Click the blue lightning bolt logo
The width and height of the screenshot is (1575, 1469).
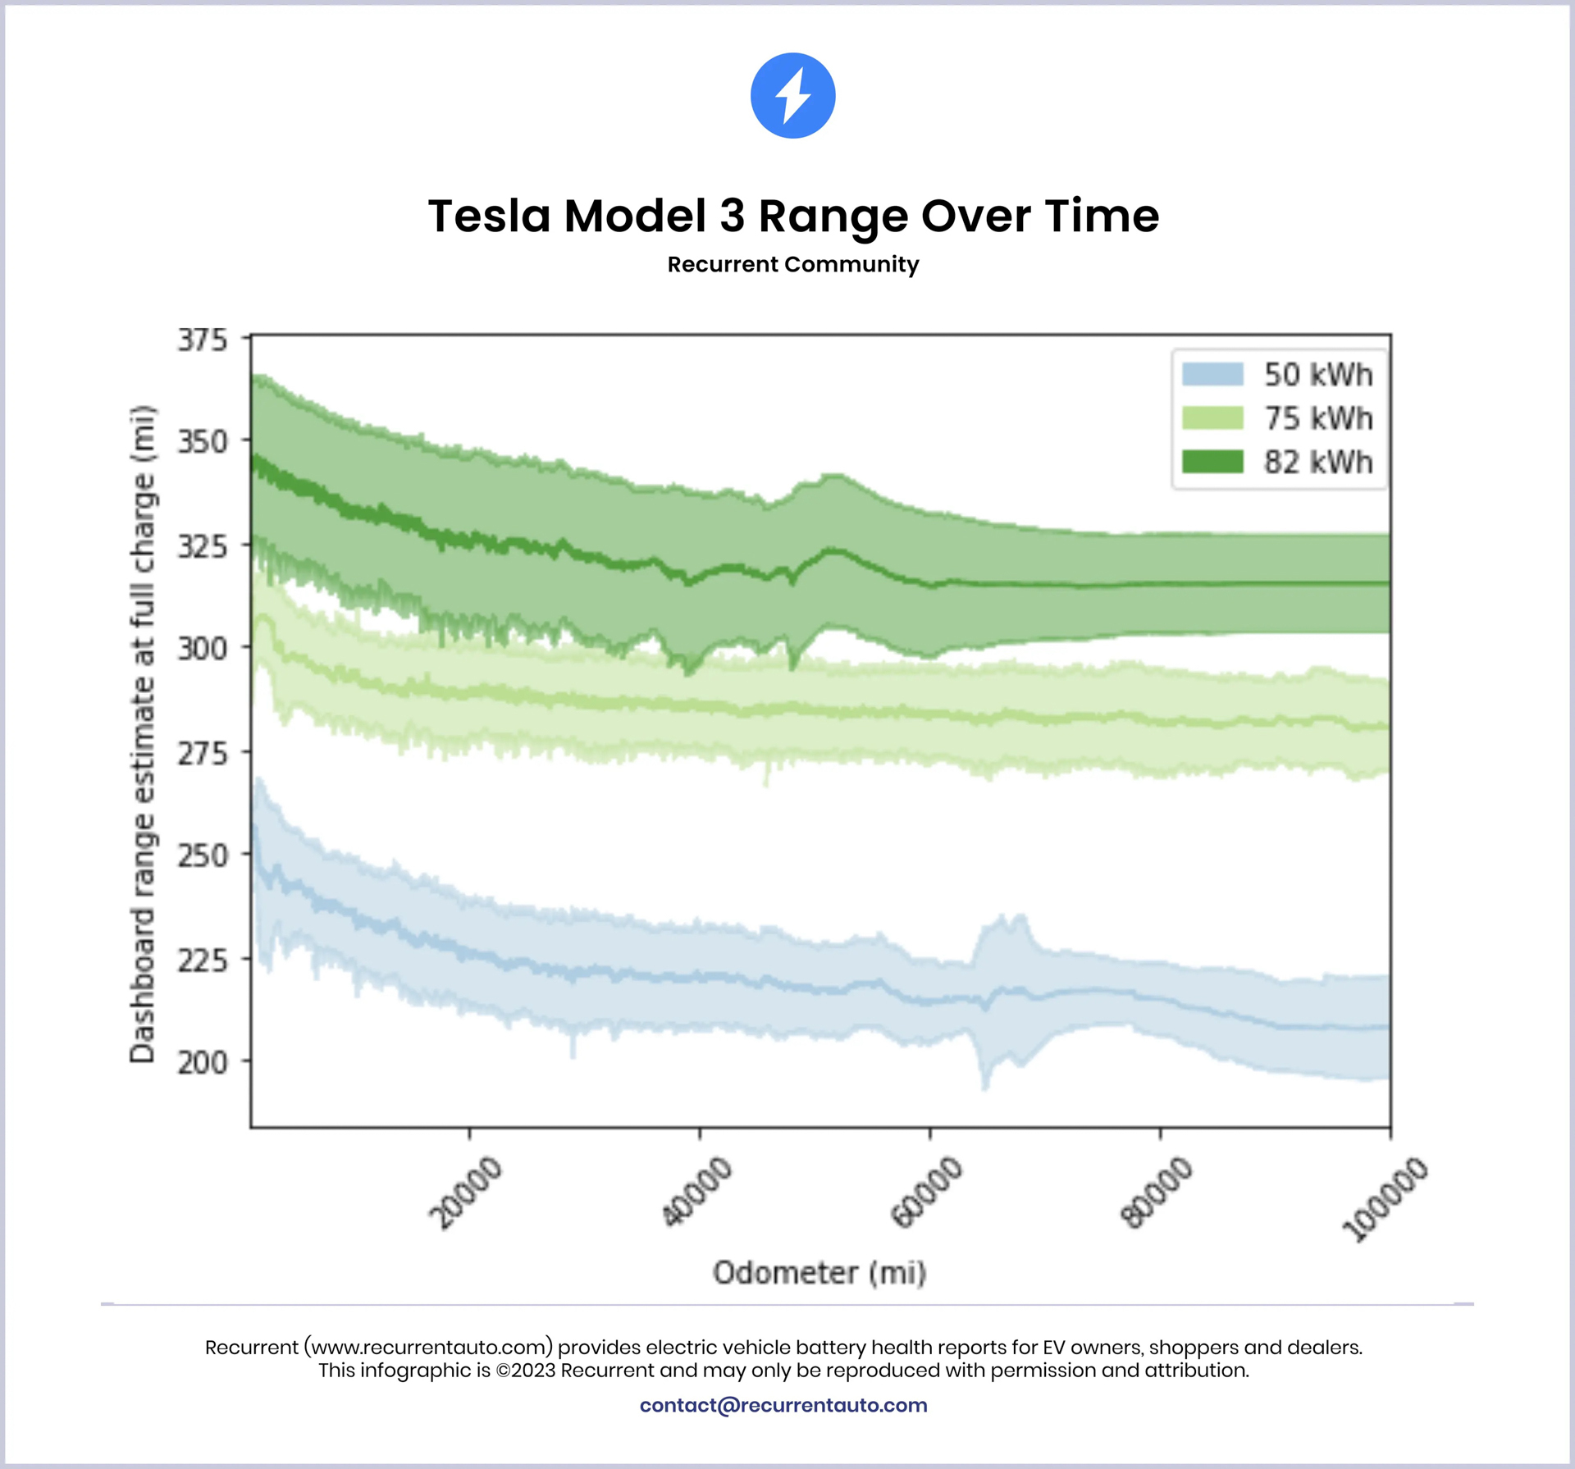[792, 96]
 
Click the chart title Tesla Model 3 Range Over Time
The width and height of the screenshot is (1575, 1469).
[793, 217]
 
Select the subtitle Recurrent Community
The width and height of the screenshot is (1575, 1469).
[792, 265]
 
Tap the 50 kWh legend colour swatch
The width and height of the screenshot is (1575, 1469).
[1212, 375]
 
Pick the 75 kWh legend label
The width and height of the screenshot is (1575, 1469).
[1317, 419]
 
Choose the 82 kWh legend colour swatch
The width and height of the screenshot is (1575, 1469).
[1212, 462]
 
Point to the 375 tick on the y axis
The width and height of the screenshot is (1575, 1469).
[203, 340]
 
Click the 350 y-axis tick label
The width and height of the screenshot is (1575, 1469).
[203, 442]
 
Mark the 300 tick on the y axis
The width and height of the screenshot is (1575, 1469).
[203, 649]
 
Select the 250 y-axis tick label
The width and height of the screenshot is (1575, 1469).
[203, 855]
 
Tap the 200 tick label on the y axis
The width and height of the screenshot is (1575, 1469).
[203, 1063]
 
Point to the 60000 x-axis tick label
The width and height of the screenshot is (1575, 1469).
[927, 1193]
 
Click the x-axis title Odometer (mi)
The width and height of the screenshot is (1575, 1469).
[819, 1273]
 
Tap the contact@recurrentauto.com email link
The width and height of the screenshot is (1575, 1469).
[783, 1405]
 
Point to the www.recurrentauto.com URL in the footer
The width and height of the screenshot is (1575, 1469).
[429, 1347]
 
